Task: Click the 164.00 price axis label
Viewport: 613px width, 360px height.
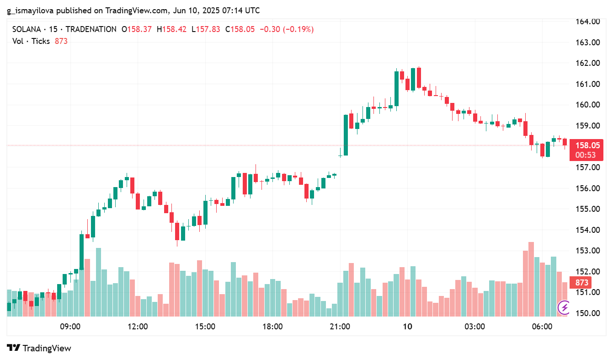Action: tap(587, 21)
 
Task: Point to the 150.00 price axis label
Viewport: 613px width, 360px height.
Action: tap(587, 313)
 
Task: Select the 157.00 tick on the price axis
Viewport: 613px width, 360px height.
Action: tap(587, 167)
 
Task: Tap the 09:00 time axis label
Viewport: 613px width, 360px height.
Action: tap(70, 327)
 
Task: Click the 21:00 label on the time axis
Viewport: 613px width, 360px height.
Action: tap(340, 327)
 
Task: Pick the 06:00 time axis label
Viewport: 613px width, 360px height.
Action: tap(542, 327)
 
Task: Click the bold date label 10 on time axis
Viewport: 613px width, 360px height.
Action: tap(407, 327)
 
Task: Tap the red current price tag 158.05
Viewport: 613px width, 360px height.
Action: tap(587, 145)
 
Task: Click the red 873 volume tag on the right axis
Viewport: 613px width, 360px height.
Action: tap(581, 283)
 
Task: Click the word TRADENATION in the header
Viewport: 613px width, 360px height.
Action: tap(91, 29)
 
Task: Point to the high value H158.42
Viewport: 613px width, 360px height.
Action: tap(171, 29)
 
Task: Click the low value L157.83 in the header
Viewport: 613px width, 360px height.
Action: tap(206, 29)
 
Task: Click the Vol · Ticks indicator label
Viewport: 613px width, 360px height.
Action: tap(31, 41)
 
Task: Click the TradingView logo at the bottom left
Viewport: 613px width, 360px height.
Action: tap(39, 348)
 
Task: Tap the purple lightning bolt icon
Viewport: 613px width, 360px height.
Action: tap(564, 307)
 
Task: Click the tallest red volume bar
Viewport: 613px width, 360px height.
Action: tap(531, 279)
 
